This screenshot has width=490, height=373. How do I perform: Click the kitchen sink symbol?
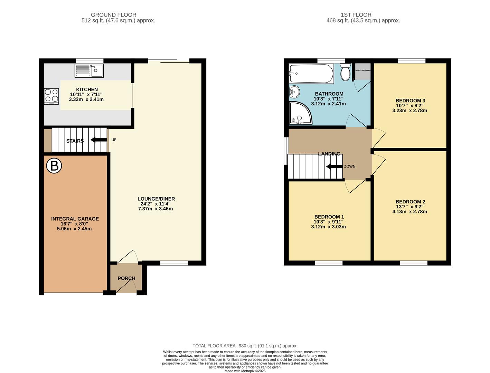[x=89, y=71]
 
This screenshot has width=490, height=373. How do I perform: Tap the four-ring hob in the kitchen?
[x=51, y=96]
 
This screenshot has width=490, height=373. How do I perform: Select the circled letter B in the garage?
[x=54, y=166]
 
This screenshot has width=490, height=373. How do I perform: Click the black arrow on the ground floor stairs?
[x=98, y=140]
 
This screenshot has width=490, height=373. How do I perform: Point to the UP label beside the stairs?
[x=114, y=140]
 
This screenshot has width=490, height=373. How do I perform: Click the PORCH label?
[x=126, y=278]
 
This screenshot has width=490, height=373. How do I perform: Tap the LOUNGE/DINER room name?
[x=156, y=199]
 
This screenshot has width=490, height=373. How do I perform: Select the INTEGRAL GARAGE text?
[x=75, y=219]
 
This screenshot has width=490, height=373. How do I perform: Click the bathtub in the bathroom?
[x=311, y=74]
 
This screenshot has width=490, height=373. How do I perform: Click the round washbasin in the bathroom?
[x=294, y=92]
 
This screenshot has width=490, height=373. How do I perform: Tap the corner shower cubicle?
[x=300, y=113]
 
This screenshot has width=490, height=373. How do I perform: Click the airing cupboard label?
[x=363, y=70]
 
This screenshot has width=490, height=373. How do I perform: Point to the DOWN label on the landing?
[x=349, y=166]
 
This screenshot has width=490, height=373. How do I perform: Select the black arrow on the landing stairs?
[x=334, y=166]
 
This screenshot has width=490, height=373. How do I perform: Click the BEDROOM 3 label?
[x=410, y=101]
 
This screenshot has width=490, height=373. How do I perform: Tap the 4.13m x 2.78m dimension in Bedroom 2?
[x=410, y=212]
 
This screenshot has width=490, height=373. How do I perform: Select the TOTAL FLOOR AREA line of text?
[x=245, y=346]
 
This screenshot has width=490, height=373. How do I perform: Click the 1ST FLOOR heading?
[x=356, y=15]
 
